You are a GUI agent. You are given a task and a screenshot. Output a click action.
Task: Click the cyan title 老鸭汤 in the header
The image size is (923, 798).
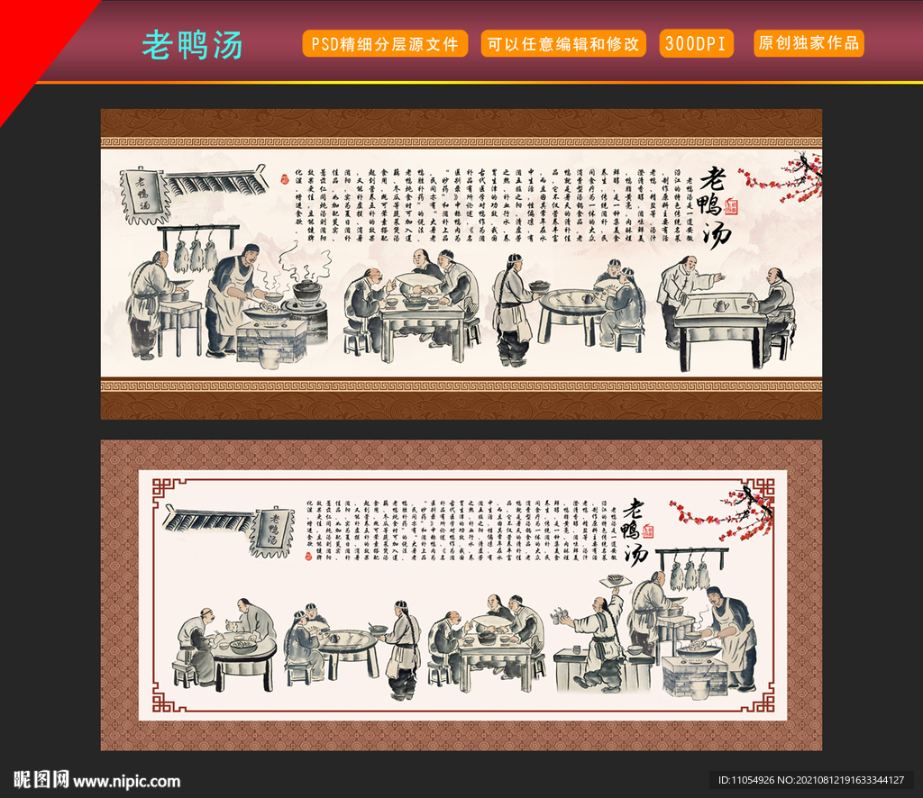(192, 44)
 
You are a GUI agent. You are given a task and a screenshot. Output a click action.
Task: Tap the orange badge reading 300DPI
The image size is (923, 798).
(697, 43)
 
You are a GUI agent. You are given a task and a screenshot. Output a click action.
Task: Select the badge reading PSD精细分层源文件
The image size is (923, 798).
(385, 43)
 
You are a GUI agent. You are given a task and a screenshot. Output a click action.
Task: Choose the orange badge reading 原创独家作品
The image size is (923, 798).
(809, 43)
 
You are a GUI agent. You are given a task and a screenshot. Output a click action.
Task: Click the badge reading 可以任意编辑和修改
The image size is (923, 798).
(563, 43)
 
